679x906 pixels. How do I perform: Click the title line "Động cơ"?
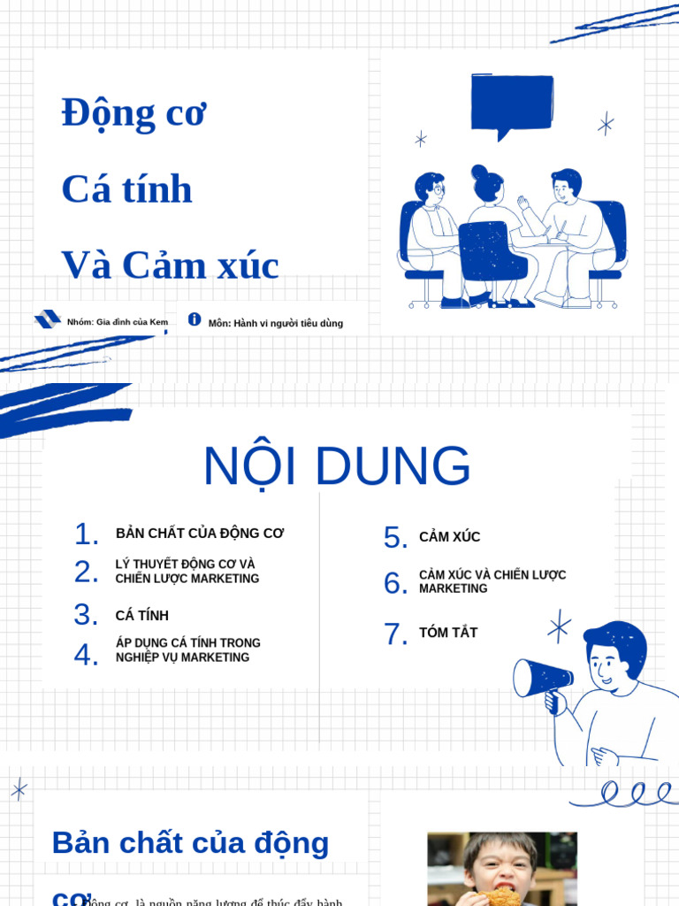(x=134, y=114)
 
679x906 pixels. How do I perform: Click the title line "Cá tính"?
(x=126, y=189)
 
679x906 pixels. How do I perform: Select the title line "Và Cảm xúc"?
(x=170, y=265)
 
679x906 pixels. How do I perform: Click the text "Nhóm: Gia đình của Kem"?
(x=117, y=322)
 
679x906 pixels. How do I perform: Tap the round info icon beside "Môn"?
(x=195, y=319)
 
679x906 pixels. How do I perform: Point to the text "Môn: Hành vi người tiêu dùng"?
(x=275, y=324)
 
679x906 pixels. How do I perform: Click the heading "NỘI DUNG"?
(x=337, y=466)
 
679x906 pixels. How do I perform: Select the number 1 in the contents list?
(x=86, y=534)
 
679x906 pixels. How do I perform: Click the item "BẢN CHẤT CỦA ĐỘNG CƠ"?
(x=200, y=534)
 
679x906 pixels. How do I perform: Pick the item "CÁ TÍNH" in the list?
(x=141, y=616)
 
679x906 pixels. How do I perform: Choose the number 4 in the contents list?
(x=86, y=655)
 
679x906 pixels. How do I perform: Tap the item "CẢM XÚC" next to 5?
(x=449, y=537)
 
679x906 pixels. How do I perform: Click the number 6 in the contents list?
(x=395, y=583)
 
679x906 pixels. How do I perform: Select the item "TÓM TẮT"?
(x=447, y=633)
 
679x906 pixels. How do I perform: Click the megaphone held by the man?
(x=541, y=678)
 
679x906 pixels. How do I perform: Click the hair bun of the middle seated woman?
(x=479, y=172)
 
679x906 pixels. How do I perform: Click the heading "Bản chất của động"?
(x=190, y=843)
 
